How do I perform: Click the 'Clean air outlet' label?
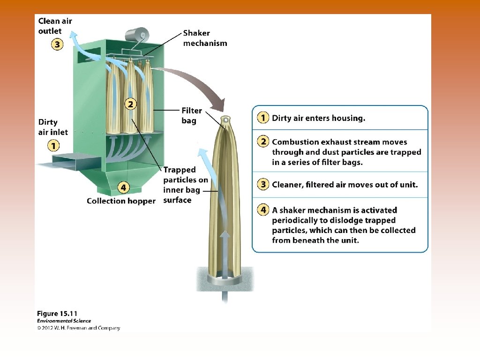[55, 26]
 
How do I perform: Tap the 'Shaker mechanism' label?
[205, 38]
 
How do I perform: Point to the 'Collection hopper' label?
[121, 201]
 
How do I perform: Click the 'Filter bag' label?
[192, 116]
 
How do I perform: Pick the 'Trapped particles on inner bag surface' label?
[185, 185]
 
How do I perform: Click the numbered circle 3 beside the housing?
[57, 45]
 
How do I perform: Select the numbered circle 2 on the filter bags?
[131, 104]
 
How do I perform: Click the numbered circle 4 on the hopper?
[123, 187]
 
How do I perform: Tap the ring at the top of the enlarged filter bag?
[226, 120]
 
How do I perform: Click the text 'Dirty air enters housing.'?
[318, 118]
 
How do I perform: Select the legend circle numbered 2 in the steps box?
[263, 142]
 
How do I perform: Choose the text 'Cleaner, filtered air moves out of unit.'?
[345, 185]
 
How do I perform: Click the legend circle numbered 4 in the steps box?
[263, 210]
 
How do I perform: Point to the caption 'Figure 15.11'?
[57, 314]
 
